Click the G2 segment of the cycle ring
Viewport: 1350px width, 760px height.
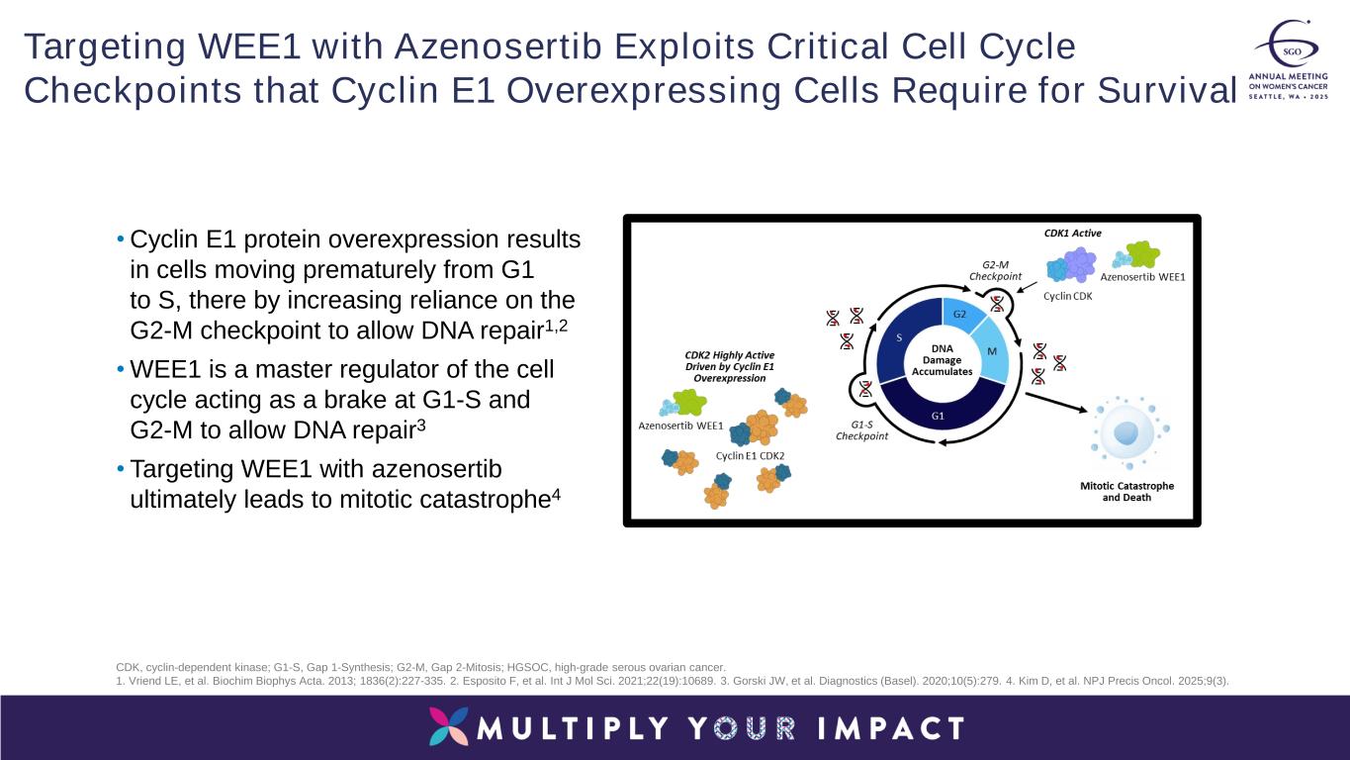[960, 315]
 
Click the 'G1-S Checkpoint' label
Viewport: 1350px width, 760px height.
[862, 429]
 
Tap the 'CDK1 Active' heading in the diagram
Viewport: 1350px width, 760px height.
[1072, 234]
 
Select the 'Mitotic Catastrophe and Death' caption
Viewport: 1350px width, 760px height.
[1126, 492]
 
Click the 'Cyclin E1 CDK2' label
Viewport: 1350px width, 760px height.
[750, 456]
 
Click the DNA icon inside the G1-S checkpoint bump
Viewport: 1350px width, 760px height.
[865, 387]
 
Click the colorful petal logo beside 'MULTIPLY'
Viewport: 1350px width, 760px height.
[449, 727]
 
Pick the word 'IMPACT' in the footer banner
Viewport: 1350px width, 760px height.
[891, 728]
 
